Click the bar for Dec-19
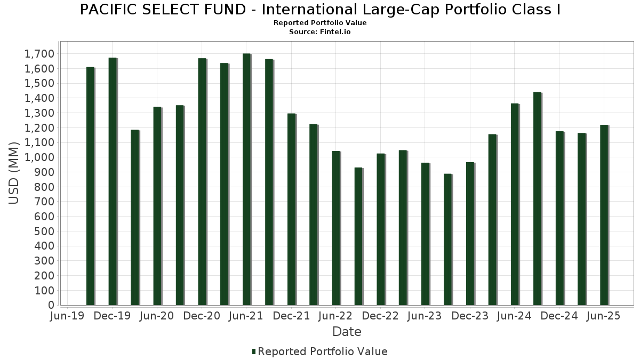(113, 181)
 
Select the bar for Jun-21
(246, 179)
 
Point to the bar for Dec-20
(202, 182)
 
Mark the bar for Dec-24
(559, 218)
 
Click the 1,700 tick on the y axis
(40, 54)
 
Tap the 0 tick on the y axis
(51, 305)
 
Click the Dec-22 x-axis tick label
(380, 316)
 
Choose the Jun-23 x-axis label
(425, 316)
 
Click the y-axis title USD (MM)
(14, 173)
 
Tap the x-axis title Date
(347, 332)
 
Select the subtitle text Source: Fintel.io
(320, 32)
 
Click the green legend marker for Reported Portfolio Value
(254, 351)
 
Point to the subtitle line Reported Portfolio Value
(320, 23)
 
